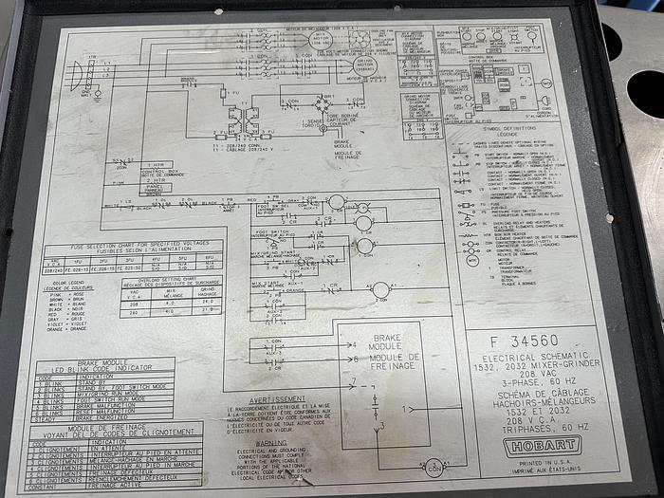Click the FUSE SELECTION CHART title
pos(132,245)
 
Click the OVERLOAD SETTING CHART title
pos(175,282)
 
